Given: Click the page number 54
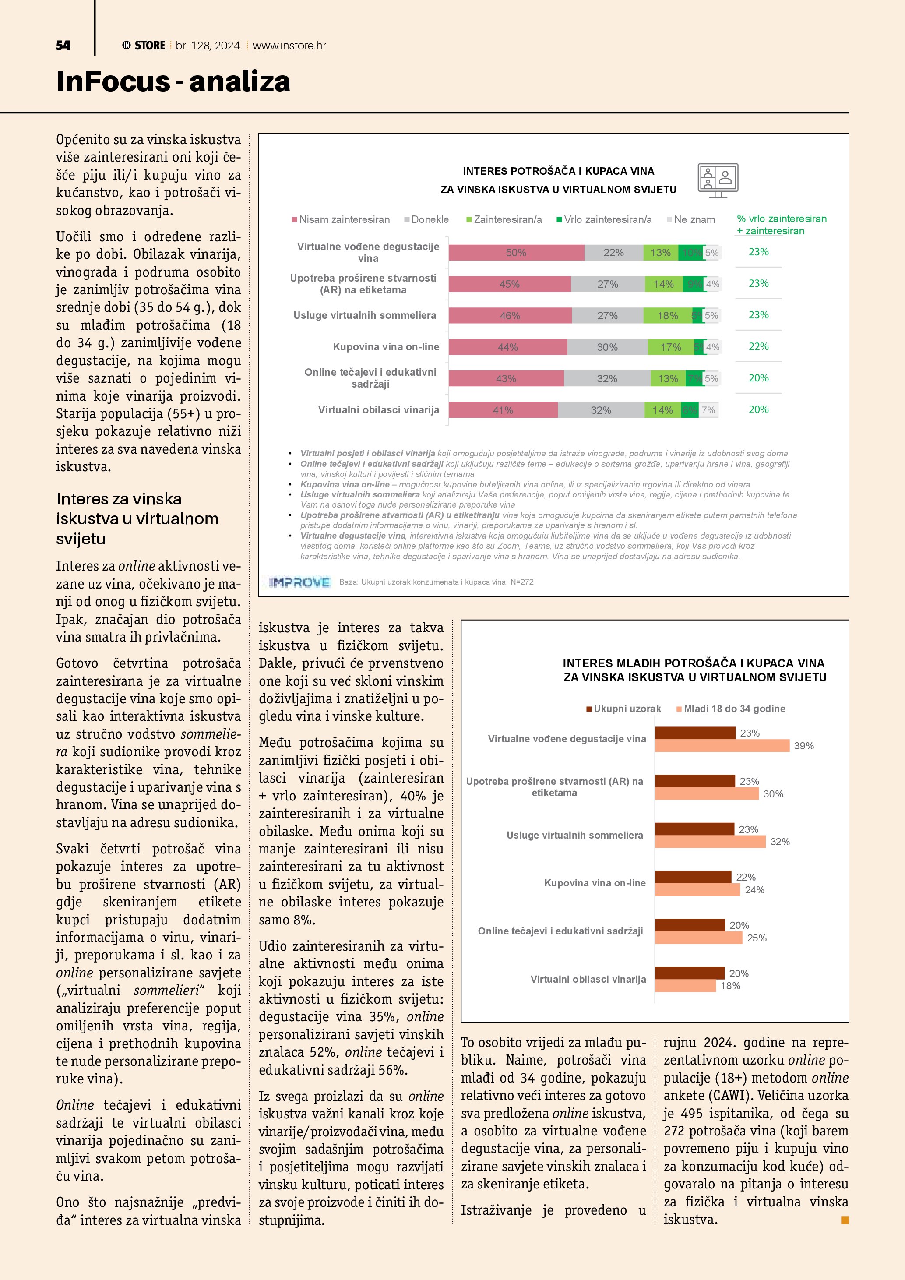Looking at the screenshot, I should (x=63, y=46).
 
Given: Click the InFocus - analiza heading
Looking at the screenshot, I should (x=173, y=81).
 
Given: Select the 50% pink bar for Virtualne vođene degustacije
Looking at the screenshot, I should (x=516, y=253).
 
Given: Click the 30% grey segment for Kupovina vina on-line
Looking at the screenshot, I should (x=607, y=347).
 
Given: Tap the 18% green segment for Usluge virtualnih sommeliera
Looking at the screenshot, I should (x=668, y=316).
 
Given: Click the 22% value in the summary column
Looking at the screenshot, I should (x=758, y=347).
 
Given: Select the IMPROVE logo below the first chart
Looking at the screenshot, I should (x=299, y=582).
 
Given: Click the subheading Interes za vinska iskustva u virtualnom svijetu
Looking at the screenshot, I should (x=137, y=518).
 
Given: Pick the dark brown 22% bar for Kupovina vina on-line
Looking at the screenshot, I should (x=693, y=877).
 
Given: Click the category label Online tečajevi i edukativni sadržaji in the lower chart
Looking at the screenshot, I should (x=560, y=931).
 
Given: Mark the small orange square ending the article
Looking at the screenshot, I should (x=845, y=1220).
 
